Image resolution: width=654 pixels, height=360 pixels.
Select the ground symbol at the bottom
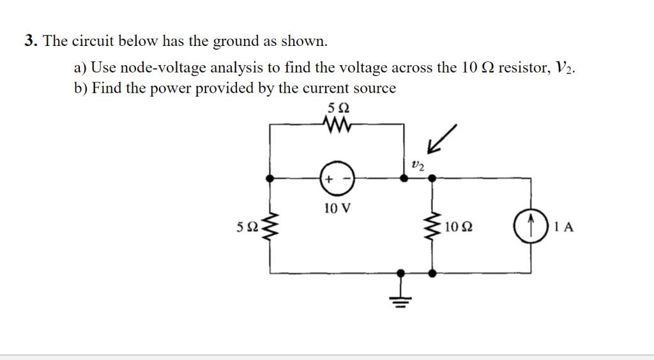tap(401, 295)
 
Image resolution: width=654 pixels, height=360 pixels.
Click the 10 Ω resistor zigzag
tap(433, 226)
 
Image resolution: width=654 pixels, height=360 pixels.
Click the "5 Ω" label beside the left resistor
tap(247, 227)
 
